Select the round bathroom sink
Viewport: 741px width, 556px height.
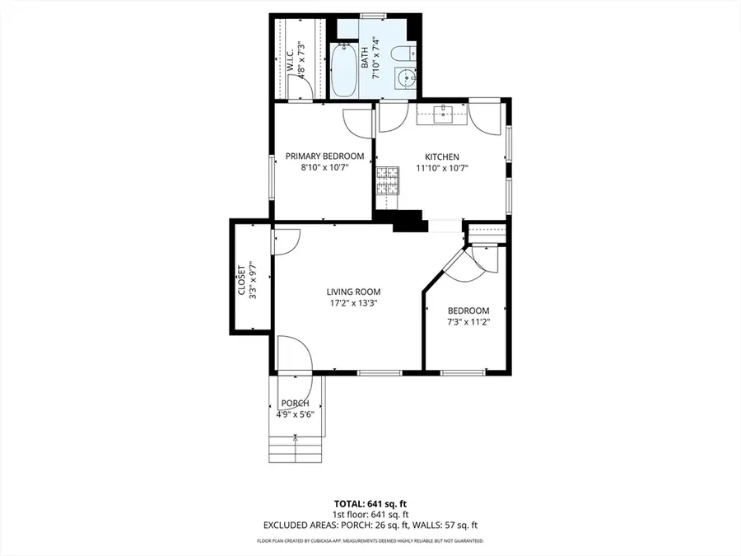click(403, 80)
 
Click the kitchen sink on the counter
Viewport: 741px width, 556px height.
click(444, 114)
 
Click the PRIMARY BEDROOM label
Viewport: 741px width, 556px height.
click(324, 157)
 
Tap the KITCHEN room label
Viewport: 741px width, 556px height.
click(441, 157)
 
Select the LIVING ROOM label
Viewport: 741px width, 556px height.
click(353, 292)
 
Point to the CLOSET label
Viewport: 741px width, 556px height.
click(241, 279)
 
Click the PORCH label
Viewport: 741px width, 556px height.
click(295, 403)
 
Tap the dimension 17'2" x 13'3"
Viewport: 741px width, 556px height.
click(353, 302)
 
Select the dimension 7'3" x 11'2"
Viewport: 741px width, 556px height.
click(468, 321)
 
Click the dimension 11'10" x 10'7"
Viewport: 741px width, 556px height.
click(441, 168)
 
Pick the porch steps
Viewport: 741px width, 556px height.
click(287, 448)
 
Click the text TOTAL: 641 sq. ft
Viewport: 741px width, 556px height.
click(370, 502)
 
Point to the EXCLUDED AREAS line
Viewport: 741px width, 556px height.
click(370, 525)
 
